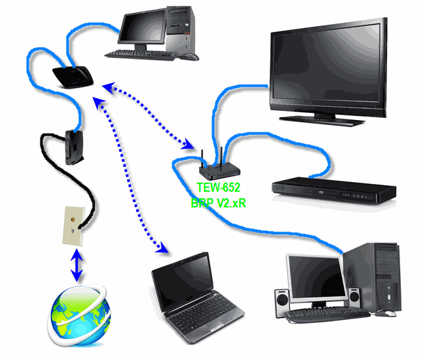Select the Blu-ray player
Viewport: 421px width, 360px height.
(x=333, y=188)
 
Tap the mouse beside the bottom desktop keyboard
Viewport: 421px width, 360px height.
(x=388, y=313)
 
